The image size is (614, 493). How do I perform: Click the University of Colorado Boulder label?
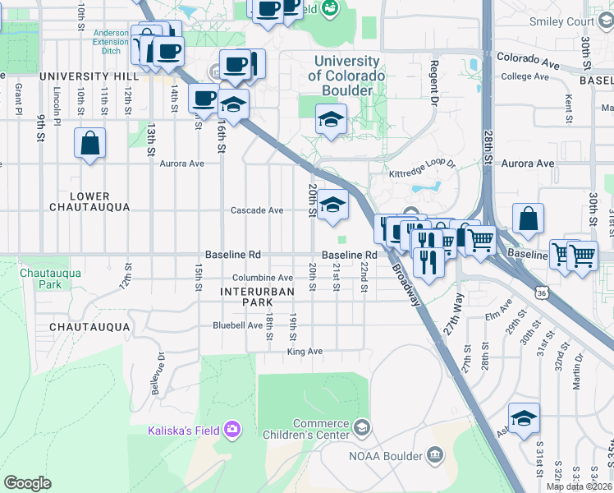[x=346, y=76]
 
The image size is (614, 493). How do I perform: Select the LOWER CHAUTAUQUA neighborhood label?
[x=89, y=202]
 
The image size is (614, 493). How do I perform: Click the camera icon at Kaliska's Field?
[x=233, y=430]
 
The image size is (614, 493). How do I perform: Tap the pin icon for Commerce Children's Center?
[x=361, y=427]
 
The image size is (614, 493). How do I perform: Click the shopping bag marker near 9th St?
[x=90, y=143]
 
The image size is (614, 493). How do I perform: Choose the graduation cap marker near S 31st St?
[x=524, y=419]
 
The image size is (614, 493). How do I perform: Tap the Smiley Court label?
[x=562, y=21]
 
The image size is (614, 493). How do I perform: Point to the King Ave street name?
[x=305, y=352]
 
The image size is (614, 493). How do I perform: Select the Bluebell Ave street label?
[x=237, y=325]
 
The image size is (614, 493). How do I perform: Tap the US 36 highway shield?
[x=540, y=292]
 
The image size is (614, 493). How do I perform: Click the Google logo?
[x=27, y=482]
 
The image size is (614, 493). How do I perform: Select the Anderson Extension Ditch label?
[x=111, y=41]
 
